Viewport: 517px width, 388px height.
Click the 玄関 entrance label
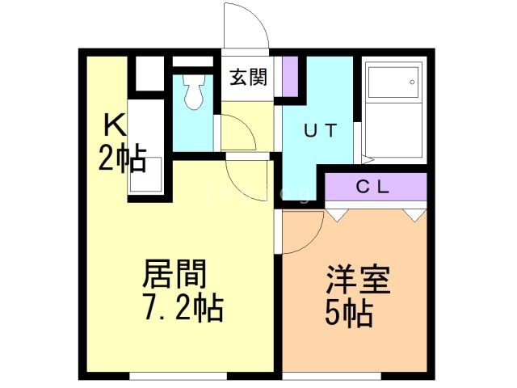click(248, 78)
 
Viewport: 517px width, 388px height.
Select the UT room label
click(320, 130)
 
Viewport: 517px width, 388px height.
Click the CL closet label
click(373, 188)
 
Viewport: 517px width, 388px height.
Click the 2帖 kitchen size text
click(122, 158)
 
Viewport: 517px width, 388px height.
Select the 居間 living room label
click(174, 273)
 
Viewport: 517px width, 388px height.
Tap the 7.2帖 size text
click(183, 308)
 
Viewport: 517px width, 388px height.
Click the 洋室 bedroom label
click(359, 279)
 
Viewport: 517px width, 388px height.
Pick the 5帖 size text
click(349, 314)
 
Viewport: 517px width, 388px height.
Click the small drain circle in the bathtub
click(412, 82)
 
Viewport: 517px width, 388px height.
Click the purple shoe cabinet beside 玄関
click(290, 77)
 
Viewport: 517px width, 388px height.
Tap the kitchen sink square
click(145, 175)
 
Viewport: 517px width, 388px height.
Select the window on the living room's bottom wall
click(178, 376)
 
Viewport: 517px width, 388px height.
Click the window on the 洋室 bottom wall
click(331, 376)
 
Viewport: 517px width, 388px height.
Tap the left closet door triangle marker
click(337, 215)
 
